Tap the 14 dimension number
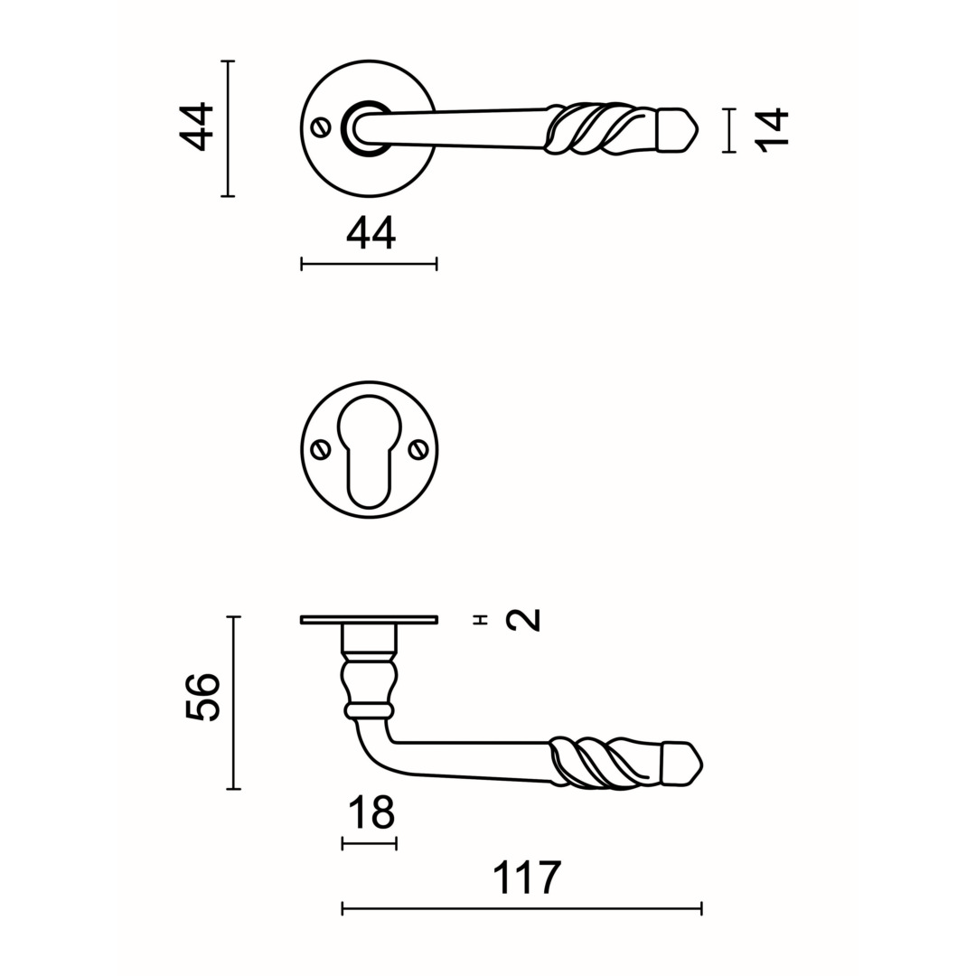(x=772, y=130)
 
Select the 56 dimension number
(x=203, y=697)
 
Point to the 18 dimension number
(x=371, y=812)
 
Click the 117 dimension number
(x=527, y=877)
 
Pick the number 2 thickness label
(x=523, y=620)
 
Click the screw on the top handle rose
(x=321, y=128)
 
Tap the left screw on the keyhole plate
(x=321, y=449)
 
